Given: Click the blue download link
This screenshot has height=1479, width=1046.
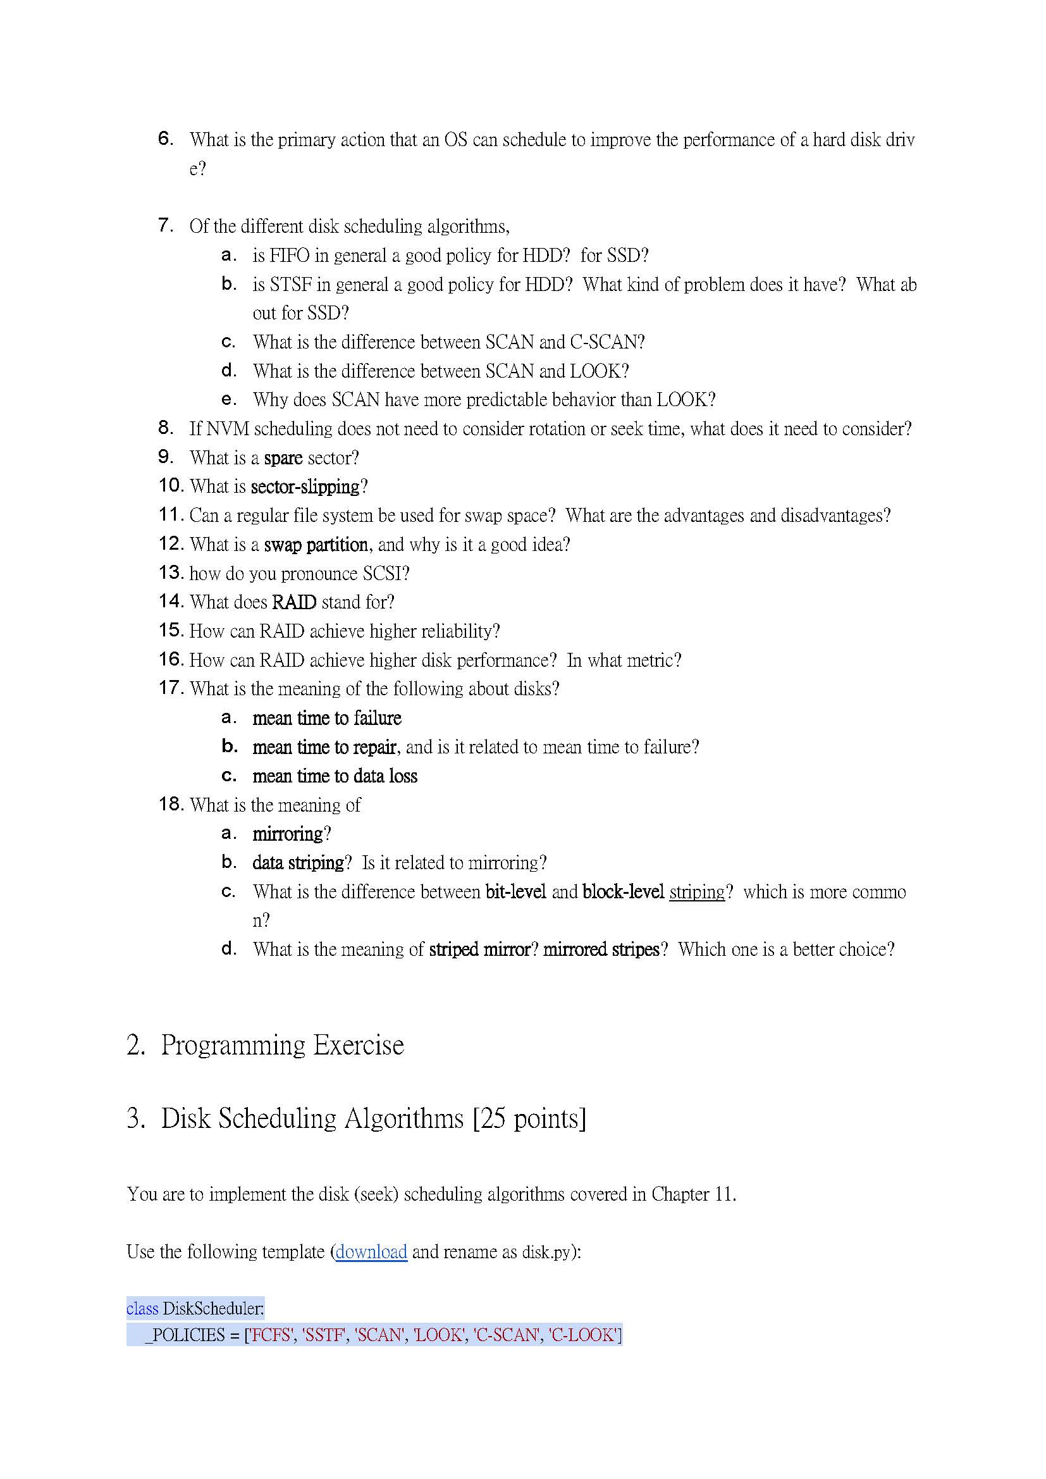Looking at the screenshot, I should tap(371, 1252).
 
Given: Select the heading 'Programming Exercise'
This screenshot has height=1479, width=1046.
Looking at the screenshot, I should tap(282, 1045).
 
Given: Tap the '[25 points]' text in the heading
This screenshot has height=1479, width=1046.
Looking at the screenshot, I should tap(529, 1118).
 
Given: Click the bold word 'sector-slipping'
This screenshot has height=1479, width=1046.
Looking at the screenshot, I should tap(305, 486).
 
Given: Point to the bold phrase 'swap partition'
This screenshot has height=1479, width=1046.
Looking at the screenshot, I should tap(316, 544).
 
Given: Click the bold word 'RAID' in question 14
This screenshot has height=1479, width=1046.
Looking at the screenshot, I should tap(293, 602).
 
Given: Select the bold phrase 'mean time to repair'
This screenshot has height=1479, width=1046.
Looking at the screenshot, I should tap(324, 747).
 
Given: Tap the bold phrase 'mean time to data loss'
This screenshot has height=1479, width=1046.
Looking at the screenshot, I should tap(335, 776).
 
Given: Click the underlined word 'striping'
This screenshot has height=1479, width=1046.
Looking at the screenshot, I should tap(697, 892).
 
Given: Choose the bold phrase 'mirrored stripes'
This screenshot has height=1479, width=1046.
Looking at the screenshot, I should tap(601, 950).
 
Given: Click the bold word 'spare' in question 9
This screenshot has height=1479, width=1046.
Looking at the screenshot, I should tap(283, 458).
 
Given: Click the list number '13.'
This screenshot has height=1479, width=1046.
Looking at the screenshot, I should tap(171, 572).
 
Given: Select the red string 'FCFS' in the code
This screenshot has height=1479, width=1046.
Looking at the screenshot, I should tap(271, 1335).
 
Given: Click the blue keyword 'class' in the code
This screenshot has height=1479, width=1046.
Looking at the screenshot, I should tap(142, 1309).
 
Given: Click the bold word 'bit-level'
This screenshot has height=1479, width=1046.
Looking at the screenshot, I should tap(516, 892).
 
